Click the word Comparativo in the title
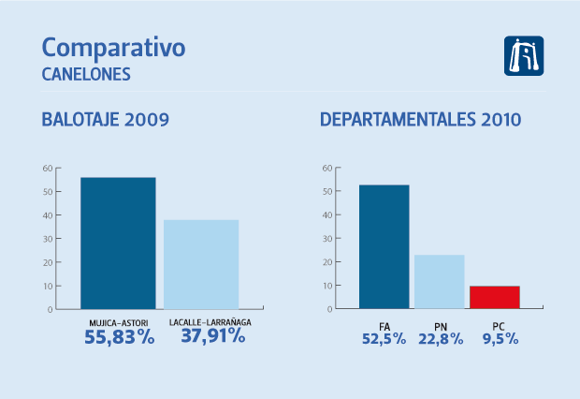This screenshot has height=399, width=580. [114, 48]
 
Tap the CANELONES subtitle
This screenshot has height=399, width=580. [85, 73]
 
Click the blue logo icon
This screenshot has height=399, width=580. [523, 56]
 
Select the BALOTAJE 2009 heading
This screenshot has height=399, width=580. [105, 120]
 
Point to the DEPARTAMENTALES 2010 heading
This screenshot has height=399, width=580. [421, 120]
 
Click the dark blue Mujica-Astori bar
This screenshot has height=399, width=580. [118, 243]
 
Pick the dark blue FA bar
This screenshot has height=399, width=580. [384, 246]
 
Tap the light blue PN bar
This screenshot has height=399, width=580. [440, 281]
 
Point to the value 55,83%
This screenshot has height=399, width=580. [118, 337]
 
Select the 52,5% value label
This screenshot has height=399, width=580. [384, 339]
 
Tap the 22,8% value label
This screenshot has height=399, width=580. [440, 339]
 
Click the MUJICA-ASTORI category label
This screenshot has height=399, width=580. [118, 323]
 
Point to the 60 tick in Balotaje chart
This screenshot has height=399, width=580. [47, 169]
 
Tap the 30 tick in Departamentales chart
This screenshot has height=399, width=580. [326, 239]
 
